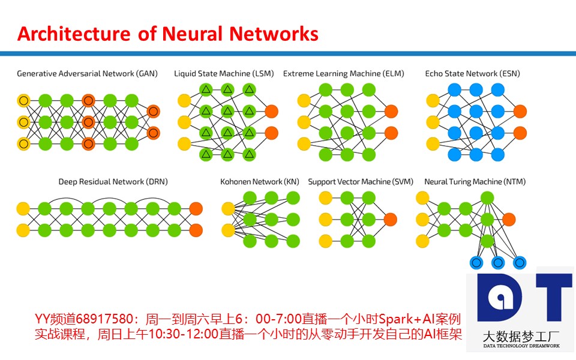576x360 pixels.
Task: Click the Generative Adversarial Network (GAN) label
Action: click(88, 73)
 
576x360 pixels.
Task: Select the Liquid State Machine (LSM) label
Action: click(224, 73)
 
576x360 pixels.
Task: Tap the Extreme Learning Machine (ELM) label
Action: click(343, 73)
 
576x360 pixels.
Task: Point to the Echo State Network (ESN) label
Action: click(472, 73)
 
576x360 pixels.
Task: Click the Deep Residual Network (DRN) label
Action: click(113, 181)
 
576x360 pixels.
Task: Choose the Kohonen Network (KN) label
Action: click(260, 181)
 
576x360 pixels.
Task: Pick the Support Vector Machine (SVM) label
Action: click(361, 181)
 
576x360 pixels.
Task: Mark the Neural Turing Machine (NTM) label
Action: click(475, 181)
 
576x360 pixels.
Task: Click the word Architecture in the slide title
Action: click(74, 34)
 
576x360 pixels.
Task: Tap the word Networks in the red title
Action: click(274, 34)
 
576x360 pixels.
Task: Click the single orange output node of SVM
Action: click(390, 220)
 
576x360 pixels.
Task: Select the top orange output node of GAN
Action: click(153, 112)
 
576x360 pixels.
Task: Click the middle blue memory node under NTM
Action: click(498, 263)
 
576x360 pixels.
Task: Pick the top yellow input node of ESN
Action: click(433, 100)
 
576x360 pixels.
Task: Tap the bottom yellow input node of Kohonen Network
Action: click(228, 230)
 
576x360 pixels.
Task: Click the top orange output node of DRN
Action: click(196, 209)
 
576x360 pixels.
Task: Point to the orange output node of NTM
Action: click(509, 220)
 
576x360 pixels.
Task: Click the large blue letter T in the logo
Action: click(554, 297)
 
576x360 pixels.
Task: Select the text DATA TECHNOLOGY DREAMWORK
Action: click(521, 346)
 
